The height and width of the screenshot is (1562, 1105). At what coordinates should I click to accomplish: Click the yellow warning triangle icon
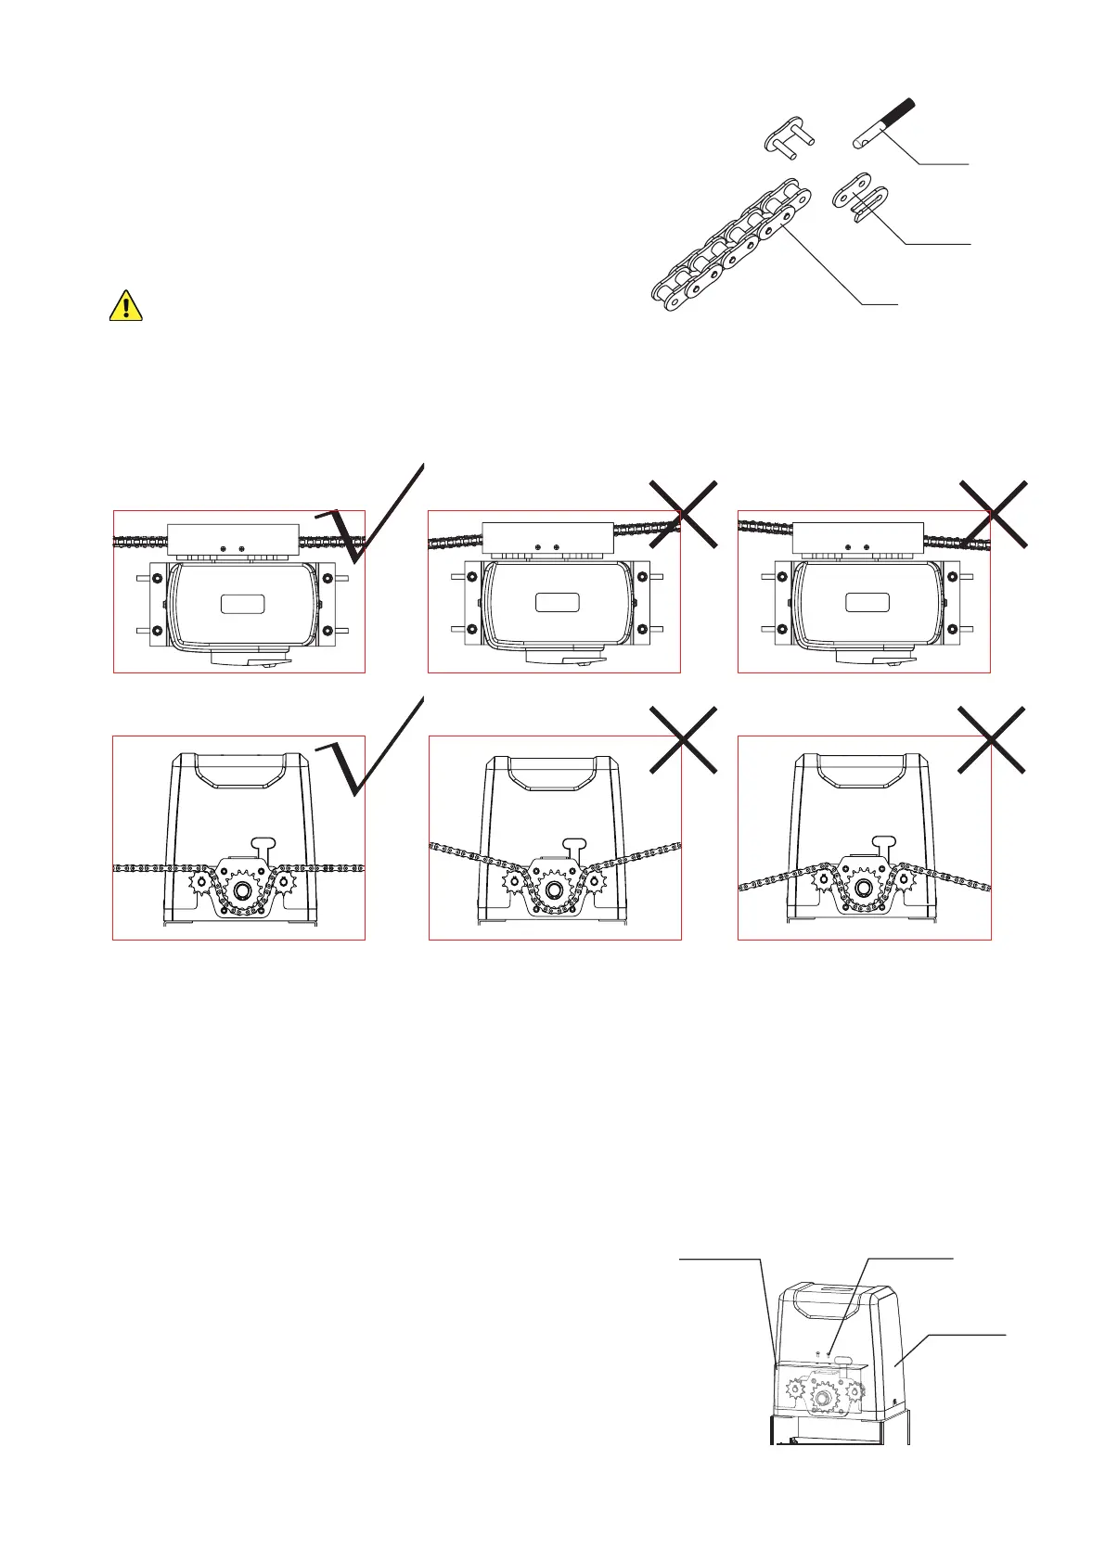(x=126, y=305)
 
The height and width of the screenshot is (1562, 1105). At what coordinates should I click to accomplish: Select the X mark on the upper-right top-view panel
(x=993, y=513)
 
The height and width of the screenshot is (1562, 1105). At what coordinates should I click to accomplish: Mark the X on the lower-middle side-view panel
(x=683, y=739)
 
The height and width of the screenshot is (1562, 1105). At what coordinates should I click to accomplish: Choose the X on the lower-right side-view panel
(x=992, y=739)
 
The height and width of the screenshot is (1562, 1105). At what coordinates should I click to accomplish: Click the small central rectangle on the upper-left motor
(x=243, y=604)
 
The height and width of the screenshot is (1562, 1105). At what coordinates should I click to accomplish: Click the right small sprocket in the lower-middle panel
(x=595, y=881)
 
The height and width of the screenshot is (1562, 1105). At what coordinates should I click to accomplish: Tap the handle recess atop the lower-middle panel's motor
(x=555, y=771)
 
